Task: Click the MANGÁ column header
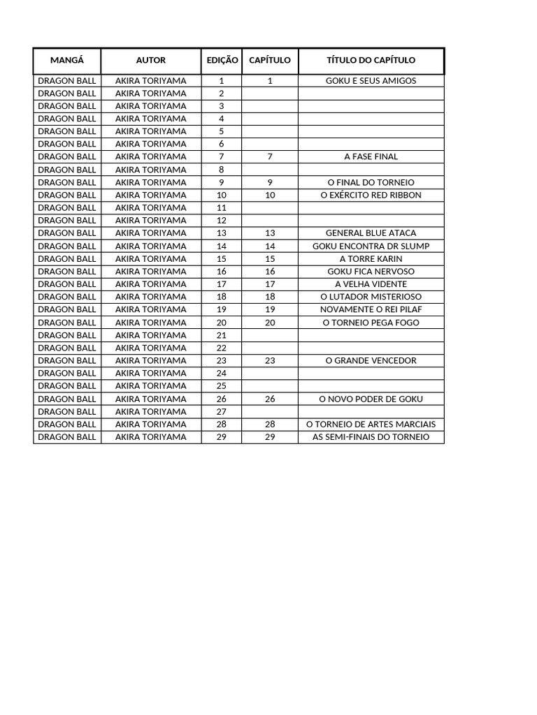pos(67,61)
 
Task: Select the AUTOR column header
pos(151,61)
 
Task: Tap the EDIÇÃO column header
pos(222,61)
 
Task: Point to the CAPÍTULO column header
pos(270,61)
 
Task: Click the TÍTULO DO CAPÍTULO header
pos(371,61)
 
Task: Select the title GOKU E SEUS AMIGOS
pos(371,81)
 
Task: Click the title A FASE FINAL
pos(371,157)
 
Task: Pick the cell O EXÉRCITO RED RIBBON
pos(371,196)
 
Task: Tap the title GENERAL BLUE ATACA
pos(371,233)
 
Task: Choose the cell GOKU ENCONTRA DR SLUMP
pos(371,246)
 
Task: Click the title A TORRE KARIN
pos(371,259)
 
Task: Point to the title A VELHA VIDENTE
pos(371,284)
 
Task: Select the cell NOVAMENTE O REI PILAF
pos(371,309)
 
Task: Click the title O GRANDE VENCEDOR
pos(371,361)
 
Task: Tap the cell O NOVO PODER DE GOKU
pos(371,399)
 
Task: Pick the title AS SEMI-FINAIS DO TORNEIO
pos(371,437)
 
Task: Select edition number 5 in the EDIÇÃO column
pos(222,131)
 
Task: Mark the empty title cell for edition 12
pos(371,221)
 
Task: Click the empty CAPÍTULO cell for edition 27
pos(270,412)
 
